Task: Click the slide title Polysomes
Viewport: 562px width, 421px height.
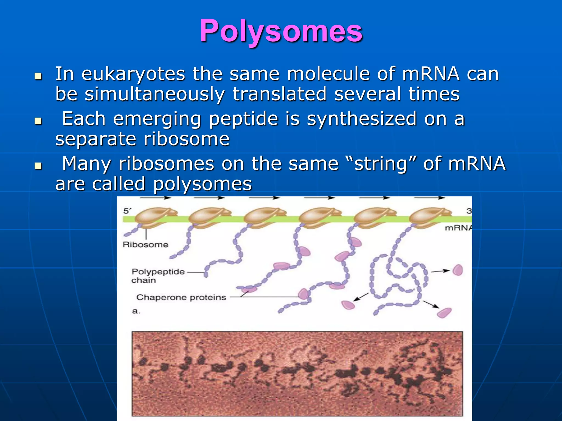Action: click(281, 31)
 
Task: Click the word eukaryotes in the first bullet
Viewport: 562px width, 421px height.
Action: click(133, 74)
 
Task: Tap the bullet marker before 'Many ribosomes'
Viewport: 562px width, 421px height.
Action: click(38, 166)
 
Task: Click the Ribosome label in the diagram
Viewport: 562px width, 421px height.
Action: click(145, 244)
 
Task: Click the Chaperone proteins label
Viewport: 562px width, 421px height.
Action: click(181, 297)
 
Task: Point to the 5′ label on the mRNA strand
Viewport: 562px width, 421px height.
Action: click(127, 211)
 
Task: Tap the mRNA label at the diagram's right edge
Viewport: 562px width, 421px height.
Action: click(458, 228)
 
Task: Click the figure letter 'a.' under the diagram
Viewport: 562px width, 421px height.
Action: click(136, 311)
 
